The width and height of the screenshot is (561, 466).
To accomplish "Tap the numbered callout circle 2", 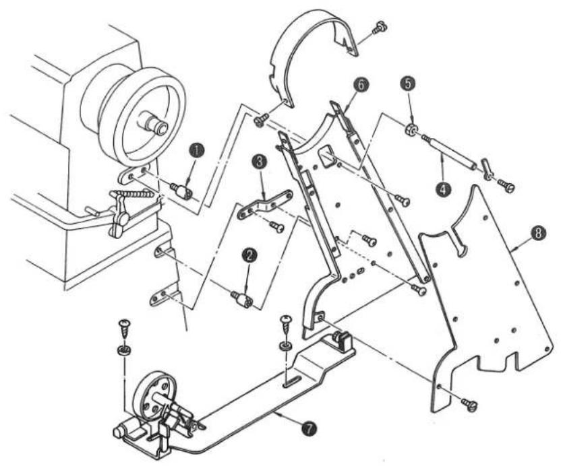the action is coord(249,255).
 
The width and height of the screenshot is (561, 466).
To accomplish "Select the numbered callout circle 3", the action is coord(260,161).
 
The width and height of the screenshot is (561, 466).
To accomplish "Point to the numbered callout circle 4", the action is coord(443,189).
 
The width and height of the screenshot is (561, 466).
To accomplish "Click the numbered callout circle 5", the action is coord(409,83).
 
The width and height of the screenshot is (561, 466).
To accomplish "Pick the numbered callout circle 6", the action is coord(361,85).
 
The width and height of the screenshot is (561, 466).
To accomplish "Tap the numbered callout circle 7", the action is coord(309,427).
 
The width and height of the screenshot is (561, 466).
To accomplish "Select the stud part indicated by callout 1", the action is coord(181,191).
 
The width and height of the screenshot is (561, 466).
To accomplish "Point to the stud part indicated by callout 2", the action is coord(241,299).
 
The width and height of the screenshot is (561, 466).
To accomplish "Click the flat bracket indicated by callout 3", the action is coord(265,203).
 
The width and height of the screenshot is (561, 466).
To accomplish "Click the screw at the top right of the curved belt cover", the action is coord(380,28).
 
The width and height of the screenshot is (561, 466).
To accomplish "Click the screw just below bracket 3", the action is coord(277,226).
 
